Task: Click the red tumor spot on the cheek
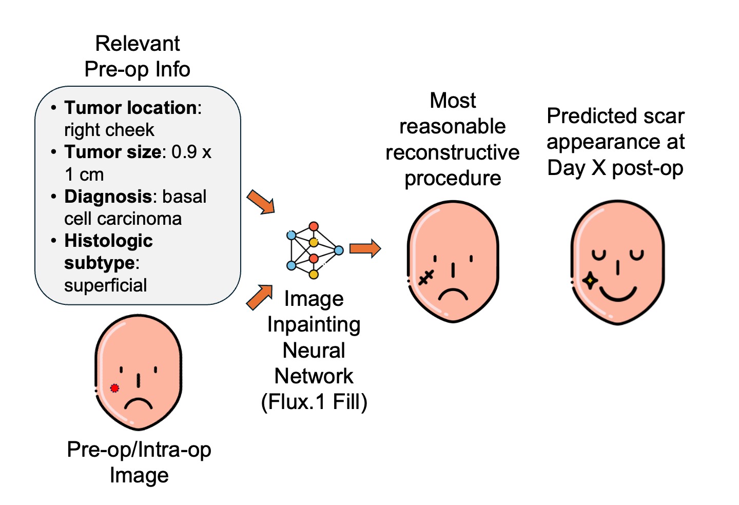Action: click(114, 388)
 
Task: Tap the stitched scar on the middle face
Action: click(426, 278)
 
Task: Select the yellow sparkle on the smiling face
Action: click(590, 281)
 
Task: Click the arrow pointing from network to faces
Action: click(365, 248)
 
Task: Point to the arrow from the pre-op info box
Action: click(261, 202)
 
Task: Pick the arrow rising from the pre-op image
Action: click(260, 297)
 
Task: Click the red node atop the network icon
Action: click(314, 227)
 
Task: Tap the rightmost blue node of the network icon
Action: click(339, 250)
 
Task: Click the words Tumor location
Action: click(131, 108)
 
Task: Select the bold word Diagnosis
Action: click(108, 197)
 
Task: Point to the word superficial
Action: click(106, 285)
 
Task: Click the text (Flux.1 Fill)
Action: click(314, 402)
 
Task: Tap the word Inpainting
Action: click(314, 324)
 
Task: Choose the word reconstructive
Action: click(453, 152)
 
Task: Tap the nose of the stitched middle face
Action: click(453, 270)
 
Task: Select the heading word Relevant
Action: click(138, 44)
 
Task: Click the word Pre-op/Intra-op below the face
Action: click(139, 450)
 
